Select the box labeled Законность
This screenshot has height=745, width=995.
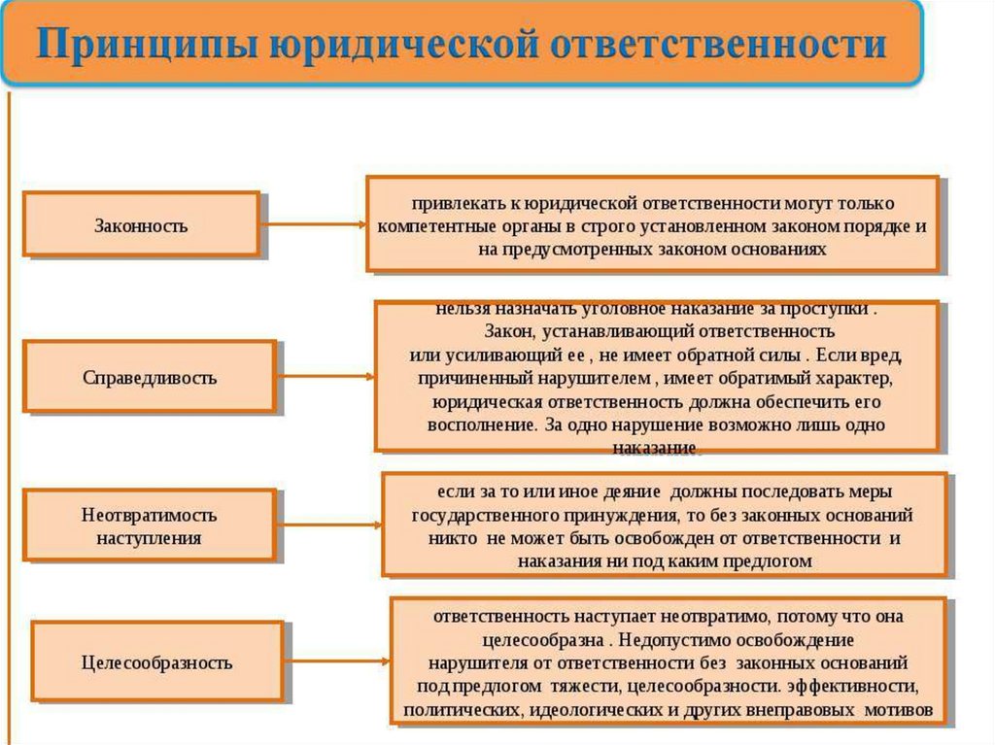(141, 225)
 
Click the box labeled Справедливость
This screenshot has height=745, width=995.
(150, 377)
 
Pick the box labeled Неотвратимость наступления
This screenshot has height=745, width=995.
(149, 525)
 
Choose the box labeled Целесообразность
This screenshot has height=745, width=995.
(156, 663)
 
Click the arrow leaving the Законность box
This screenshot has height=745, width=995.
(313, 225)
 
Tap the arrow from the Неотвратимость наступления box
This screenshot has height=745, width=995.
(328, 525)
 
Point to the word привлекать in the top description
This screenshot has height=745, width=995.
(450, 205)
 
